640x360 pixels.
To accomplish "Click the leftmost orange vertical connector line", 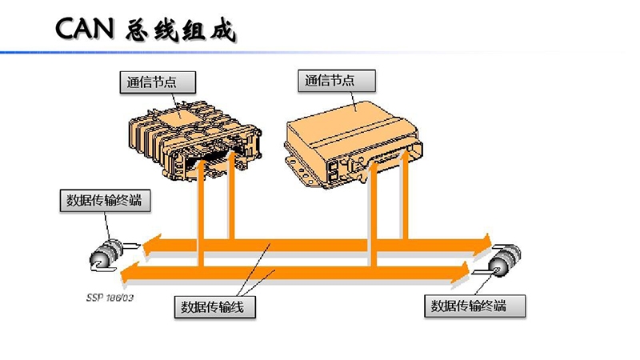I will click(201, 216).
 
